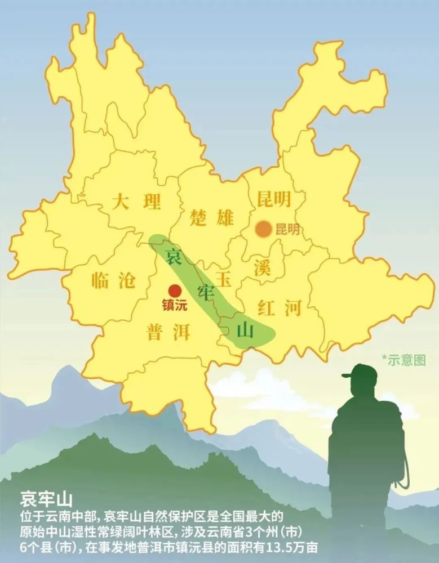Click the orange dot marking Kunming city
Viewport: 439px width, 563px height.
[x=263, y=229]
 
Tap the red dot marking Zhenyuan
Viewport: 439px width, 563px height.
[x=175, y=291]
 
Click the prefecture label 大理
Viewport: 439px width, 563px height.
[x=136, y=202]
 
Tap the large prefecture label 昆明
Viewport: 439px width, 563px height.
[x=273, y=199]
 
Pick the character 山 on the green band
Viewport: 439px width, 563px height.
[x=245, y=330]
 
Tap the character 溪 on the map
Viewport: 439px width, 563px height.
[x=262, y=267]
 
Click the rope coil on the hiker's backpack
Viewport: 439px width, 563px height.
[x=403, y=467]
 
